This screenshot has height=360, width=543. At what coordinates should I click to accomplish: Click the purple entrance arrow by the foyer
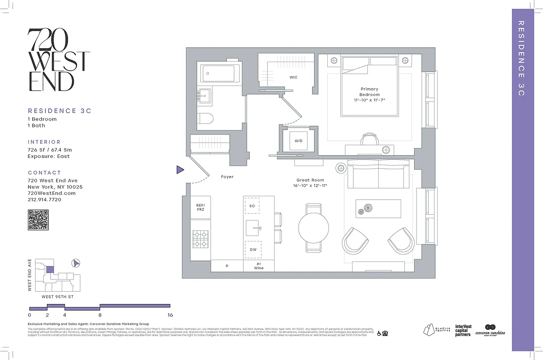(180, 170)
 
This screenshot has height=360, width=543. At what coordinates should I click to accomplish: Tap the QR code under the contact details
(38, 220)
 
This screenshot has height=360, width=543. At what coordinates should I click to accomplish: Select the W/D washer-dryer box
(299, 141)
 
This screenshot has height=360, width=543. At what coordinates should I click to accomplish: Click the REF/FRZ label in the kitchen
(200, 207)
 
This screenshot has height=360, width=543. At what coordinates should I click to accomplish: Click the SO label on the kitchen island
(253, 206)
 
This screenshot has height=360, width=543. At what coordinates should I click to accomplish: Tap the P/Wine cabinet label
(258, 266)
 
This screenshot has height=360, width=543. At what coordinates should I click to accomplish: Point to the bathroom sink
(205, 95)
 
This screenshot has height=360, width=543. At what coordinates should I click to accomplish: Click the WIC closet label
(293, 77)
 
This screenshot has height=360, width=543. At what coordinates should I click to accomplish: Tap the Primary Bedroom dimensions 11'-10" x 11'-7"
(369, 100)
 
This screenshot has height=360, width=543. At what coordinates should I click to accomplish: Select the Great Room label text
(310, 180)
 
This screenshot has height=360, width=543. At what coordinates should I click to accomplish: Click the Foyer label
(227, 177)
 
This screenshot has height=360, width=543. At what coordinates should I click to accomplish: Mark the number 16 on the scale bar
(170, 315)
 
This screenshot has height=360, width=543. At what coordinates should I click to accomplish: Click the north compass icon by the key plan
(76, 263)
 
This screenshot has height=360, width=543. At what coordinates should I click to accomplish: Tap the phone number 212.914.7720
(45, 199)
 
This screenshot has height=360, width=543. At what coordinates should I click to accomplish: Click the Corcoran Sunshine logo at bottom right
(490, 331)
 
